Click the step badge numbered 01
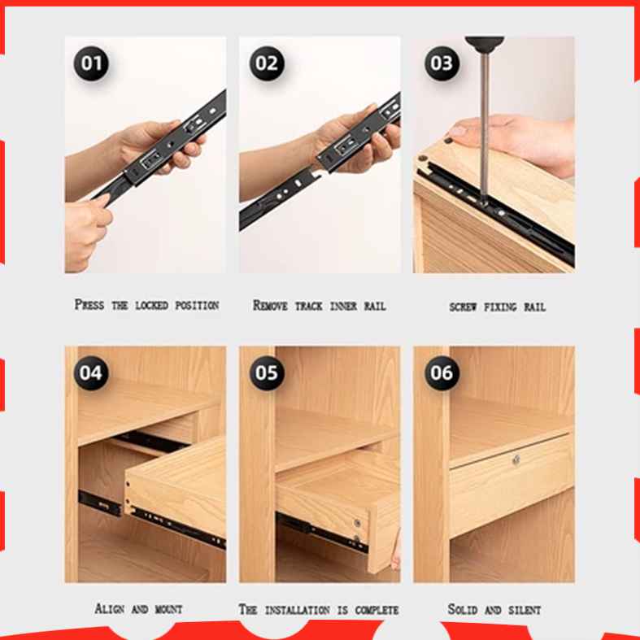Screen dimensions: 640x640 pos(91,63)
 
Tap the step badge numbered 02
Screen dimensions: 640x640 pos(267,63)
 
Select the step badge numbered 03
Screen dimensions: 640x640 pos(442,63)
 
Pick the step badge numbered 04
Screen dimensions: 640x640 pos(91,372)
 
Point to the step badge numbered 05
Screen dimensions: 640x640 pos(267,372)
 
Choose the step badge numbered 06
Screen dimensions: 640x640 pos(442,372)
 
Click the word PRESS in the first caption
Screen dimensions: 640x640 pos(89,304)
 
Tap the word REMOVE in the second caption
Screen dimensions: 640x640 pos(270,305)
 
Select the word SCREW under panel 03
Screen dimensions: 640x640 pos(463,307)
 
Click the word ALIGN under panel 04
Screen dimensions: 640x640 pos(110,609)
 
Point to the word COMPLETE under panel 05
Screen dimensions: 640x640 pos(377,610)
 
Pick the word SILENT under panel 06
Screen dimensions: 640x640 pos(525,610)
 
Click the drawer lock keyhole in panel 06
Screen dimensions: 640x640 pos(516,460)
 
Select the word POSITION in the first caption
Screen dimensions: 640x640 pos(197,305)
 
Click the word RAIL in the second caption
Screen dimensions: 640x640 pos(375,306)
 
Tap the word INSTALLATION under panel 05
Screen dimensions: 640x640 pos(298,610)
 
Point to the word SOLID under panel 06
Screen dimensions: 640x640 pos(463,609)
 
